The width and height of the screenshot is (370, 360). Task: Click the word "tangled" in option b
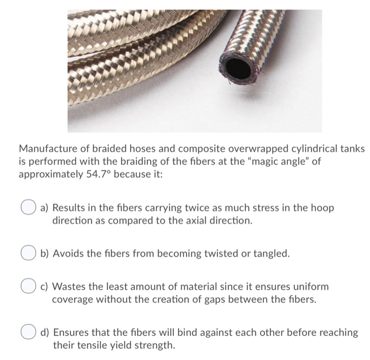tap(271, 254)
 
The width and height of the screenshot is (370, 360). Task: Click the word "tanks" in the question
tap(351, 149)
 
